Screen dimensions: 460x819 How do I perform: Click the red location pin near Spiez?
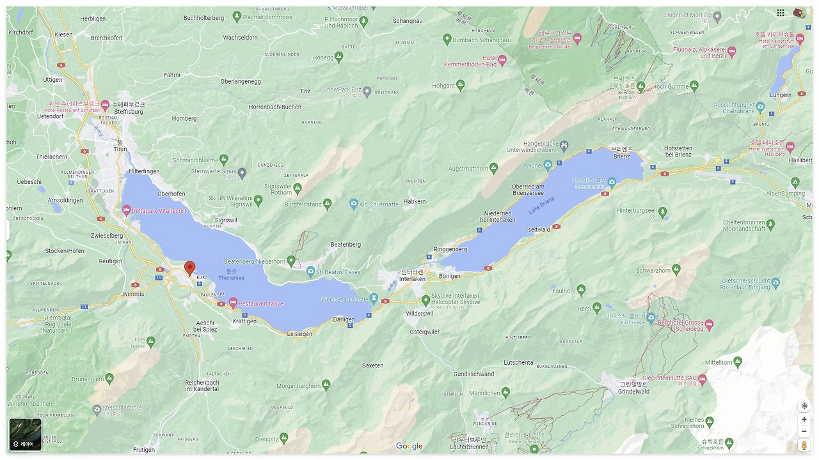pos(189,268)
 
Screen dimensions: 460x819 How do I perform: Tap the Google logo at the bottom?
pos(409,446)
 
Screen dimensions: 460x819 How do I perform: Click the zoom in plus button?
pos(804,420)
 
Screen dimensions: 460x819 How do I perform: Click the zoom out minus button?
pos(804,431)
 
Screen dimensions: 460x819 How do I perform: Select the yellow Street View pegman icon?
pos(804,445)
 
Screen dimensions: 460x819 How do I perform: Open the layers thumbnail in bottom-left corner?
pos(25,434)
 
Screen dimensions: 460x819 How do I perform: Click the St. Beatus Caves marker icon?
pos(311,272)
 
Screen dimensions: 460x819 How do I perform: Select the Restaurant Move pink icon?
pos(233,302)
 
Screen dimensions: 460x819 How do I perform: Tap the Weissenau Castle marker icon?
pos(374,298)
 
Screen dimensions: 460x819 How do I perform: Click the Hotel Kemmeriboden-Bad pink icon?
pos(502,60)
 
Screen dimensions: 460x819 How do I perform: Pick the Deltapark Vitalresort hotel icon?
pos(127,210)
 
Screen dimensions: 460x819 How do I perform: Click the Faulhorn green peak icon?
pos(581,290)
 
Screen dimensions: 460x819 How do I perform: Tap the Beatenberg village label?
pos(346,245)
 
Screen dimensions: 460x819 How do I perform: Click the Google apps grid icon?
pos(781,13)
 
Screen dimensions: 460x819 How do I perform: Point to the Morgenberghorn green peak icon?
pos(326,385)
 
